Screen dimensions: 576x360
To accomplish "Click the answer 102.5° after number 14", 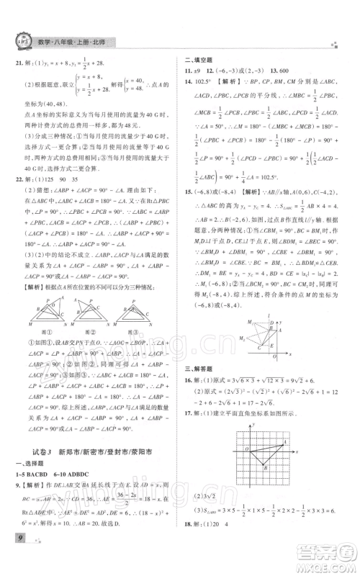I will click(x=204, y=86).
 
